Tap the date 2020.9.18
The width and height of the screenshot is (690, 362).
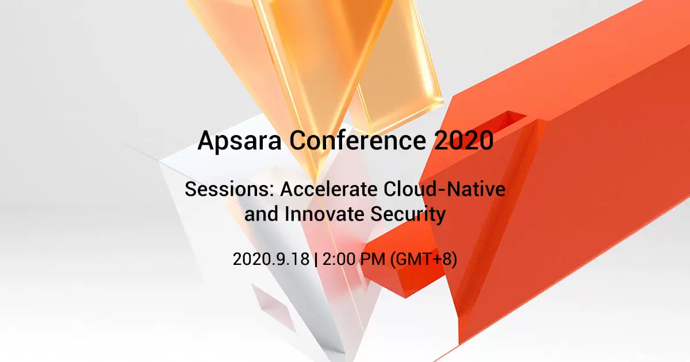pos(271,259)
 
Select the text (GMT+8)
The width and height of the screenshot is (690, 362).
pos(423,259)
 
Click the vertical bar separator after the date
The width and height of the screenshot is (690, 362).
pos(316,259)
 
